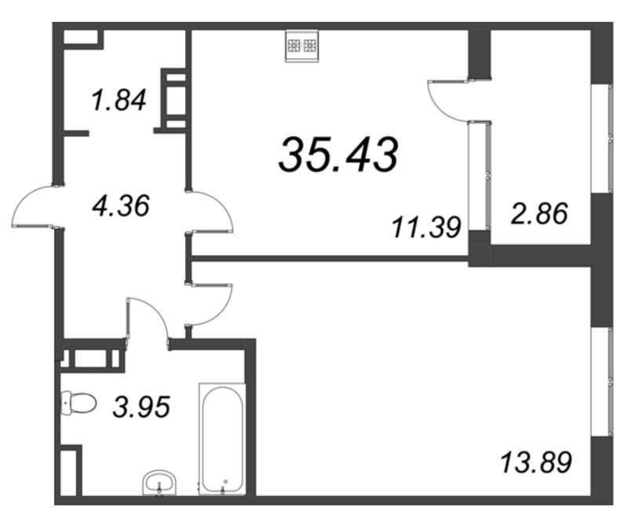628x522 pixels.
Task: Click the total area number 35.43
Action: click(x=338, y=155)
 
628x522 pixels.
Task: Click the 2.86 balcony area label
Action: click(x=539, y=214)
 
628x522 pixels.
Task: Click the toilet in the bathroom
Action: click(x=77, y=403)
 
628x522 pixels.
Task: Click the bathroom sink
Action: click(x=162, y=480)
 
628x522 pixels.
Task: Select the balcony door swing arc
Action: click(x=444, y=100)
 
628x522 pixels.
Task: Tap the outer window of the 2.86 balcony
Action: click(x=604, y=138)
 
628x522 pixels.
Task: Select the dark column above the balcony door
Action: click(x=479, y=53)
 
